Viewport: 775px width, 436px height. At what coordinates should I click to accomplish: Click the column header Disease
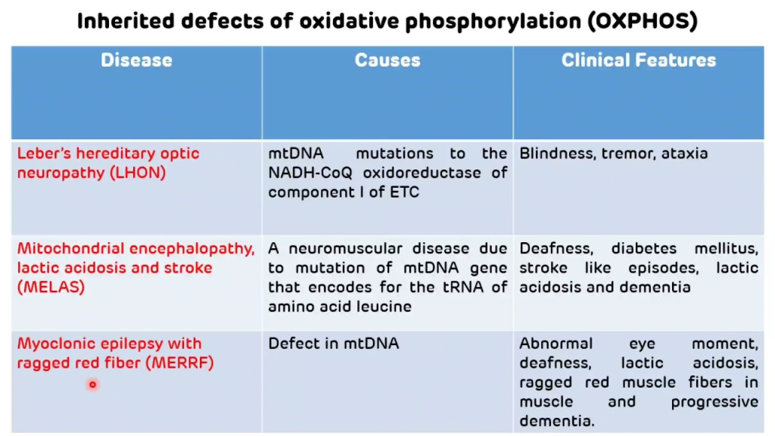136,61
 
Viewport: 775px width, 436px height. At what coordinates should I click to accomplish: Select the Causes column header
387,61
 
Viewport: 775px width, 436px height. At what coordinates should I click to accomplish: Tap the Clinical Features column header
639,61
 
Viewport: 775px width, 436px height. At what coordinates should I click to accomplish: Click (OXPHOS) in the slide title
643,21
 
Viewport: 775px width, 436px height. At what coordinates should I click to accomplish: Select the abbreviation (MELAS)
51,287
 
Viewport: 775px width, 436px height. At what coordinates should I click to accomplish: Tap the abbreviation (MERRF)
180,363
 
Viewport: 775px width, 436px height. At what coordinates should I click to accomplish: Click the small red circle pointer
92,384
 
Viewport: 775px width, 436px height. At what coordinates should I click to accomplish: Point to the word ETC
404,192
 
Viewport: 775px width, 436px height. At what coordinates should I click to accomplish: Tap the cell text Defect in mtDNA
334,344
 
